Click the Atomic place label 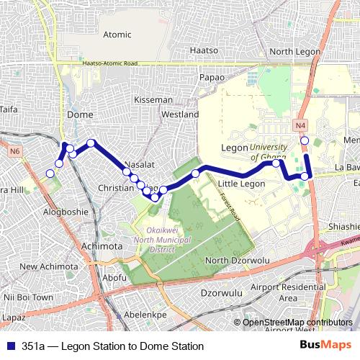[x=117, y=35]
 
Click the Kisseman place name [x=153, y=99]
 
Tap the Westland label [x=180, y=114]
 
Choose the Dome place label [x=79, y=114]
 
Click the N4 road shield [x=301, y=125]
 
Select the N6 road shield [x=15, y=151]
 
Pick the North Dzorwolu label [x=237, y=260]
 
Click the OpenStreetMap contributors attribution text [x=297, y=323]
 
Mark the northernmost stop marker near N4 [x=305, y=140]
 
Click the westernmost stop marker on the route [x=50, y=173]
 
